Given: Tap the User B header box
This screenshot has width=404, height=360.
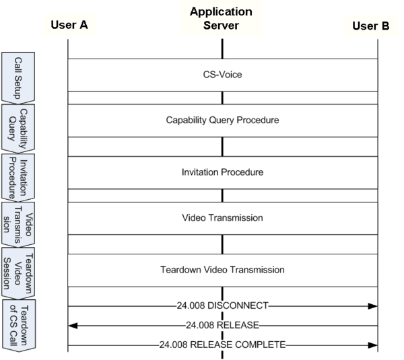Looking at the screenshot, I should pyautogui.click(x=370, y=26).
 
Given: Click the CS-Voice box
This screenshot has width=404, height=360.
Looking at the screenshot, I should pyautogui.click(x=222, y=75).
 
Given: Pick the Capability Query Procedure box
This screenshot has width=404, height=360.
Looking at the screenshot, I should pyautogui.click(x=222, y=120).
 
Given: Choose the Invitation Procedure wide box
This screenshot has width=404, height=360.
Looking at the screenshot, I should pyautogui.click(x=222, y=172).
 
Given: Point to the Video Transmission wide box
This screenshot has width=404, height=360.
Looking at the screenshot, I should pyautogui.click(x=222, y=218).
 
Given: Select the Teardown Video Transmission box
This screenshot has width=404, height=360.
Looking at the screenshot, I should pyautogui.click(x=222, y=270).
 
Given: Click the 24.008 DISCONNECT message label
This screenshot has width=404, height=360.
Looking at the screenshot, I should pyautogui.click(x=222, y=306).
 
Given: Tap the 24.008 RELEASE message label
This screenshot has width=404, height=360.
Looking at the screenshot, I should pyautogui.click(x=222, y=326).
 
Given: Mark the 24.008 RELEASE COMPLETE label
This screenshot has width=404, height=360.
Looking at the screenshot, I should pyautogui.click(x=222, y=345).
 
